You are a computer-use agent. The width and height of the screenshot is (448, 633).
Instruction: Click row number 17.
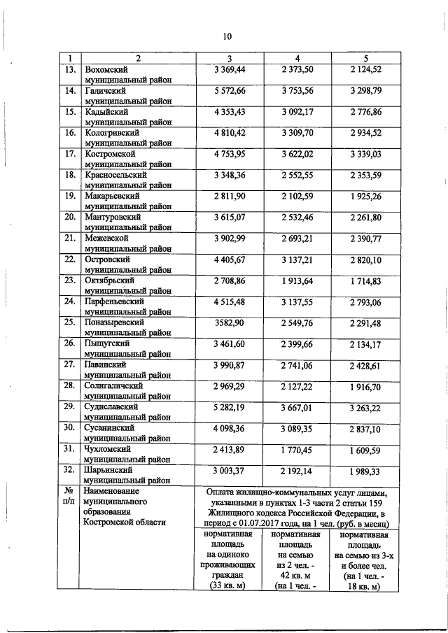pyautogui.click(x=69, y=153)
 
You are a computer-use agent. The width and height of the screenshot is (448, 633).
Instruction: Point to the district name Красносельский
pyautogui.click(x=115, y=174)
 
